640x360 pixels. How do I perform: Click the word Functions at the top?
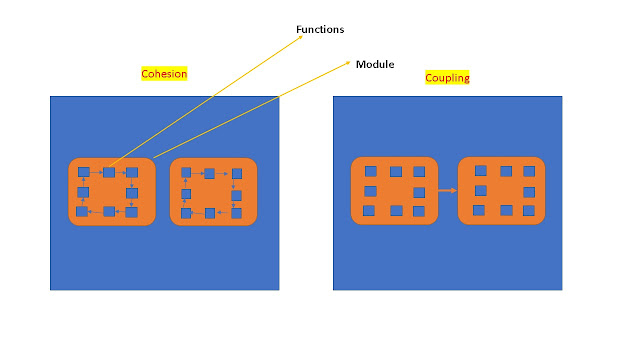coord(320,29)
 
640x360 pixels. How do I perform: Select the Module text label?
coord(375,64)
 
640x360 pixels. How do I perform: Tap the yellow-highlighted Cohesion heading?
coord(165,74)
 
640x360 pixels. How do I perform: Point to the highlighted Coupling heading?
coord(447,77)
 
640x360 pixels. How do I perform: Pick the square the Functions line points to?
coord(109,172)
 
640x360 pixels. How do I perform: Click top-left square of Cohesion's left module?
coord(84,172)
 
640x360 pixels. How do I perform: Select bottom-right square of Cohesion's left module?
coord(132,212)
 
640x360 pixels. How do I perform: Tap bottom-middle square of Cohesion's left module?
coord(108,212)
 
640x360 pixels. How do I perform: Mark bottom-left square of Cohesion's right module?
coord(186,213)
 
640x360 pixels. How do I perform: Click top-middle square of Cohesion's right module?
coord(210,173)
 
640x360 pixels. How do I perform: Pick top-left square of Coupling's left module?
coord(371,171)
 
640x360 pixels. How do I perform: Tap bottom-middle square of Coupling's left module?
coord(396,210)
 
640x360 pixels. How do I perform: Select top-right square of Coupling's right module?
coord(530,171)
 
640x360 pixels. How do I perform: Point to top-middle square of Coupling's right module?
coord(506,171)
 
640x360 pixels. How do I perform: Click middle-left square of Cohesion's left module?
coord(84,192)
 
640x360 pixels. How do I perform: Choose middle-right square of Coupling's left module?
coord(419,191)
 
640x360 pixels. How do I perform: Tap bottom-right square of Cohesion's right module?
coord(236,213)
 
